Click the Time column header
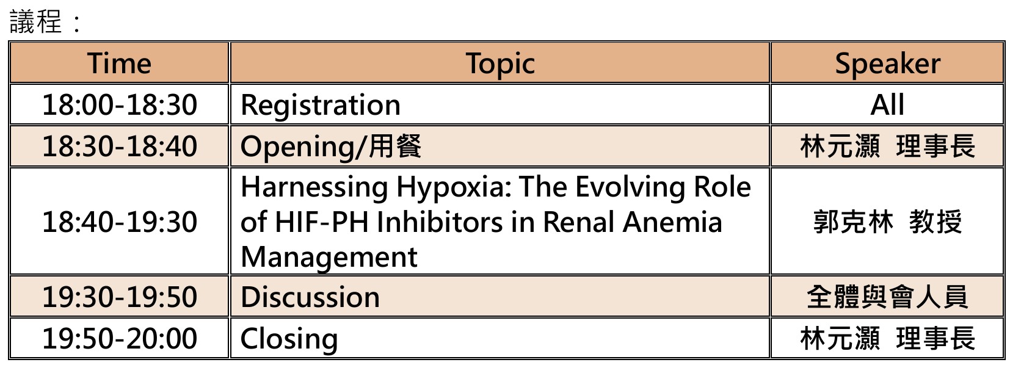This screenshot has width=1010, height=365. [120, 63]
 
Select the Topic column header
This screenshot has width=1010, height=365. [500, 63]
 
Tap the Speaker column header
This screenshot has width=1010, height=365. [887, 63]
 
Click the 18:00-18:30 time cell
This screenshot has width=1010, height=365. [120, 104]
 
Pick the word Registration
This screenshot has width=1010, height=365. [320, 106]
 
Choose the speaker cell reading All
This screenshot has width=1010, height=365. [887, 104]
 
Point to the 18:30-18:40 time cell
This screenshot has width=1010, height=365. [120, 146]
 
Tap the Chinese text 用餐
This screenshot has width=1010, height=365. [395, 146]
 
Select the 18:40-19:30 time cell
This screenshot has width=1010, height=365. [120, 222]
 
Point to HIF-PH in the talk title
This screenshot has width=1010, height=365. [321, 222]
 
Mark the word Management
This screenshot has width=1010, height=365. [329, 258]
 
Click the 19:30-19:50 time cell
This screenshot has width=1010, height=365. [120, 297]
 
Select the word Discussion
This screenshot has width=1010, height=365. [310, 297]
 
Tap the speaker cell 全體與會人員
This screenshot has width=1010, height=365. [887, 297]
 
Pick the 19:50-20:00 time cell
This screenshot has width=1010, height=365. [120, 338]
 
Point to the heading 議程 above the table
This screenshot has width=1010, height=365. [35, 21]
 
